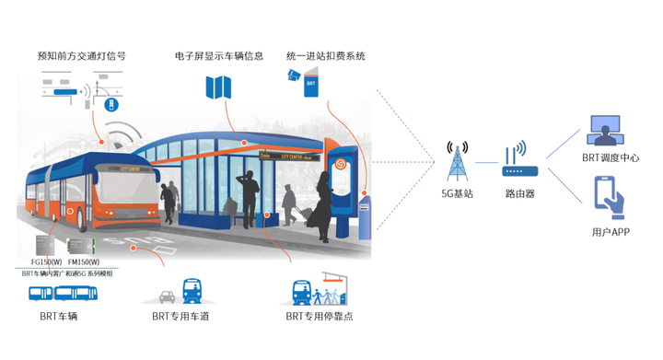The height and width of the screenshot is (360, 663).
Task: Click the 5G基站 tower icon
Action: tap(457, 163)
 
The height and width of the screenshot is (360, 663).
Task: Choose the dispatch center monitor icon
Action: tap(605, 131)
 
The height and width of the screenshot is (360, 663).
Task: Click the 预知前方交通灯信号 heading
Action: tap(81, 56)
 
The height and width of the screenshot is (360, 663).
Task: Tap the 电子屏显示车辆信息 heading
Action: tap(219, 56)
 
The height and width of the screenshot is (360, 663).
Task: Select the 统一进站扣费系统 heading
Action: tap(326, 56)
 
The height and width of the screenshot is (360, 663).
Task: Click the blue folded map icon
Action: tap(220, 87)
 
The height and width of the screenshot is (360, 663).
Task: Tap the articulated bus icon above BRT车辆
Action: tap(63, 294)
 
